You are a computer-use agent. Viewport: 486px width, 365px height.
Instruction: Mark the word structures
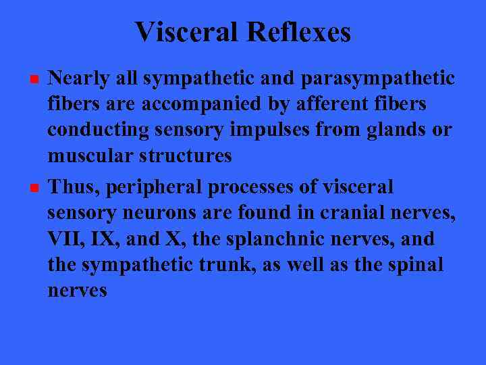[x=185, y=156]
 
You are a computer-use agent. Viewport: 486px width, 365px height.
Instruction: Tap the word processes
[x=257, y=187]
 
